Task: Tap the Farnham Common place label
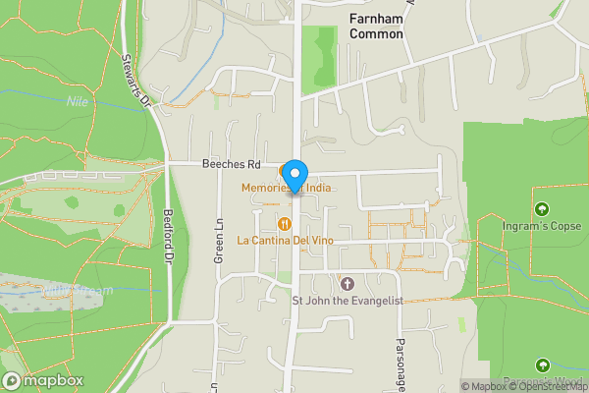[376, 27]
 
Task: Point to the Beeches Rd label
[232, 165]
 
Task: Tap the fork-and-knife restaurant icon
[285, 223]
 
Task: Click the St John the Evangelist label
[348, 301]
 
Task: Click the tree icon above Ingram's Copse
[542, 209]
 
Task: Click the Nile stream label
[77, 101]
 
